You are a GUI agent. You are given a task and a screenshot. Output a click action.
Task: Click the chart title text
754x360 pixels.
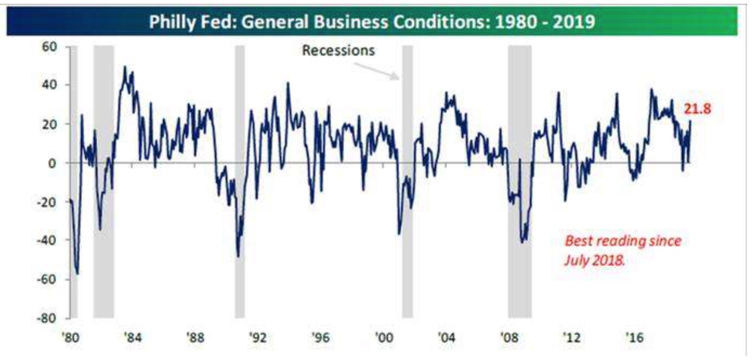[x=372, y=22]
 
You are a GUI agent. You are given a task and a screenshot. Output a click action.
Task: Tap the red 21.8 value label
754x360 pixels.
[x=697, y=109]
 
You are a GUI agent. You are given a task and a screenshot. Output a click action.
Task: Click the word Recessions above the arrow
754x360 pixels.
[x=338, y=50]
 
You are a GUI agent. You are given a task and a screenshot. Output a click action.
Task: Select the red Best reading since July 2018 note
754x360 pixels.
[x=623, y=250]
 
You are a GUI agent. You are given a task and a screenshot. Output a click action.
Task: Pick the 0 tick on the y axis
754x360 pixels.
[x=53, y=163]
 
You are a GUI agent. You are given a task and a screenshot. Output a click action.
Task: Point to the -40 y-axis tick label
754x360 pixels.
[x=48, y=240]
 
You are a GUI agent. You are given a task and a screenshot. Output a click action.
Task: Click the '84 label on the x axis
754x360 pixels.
[x=132, y=337]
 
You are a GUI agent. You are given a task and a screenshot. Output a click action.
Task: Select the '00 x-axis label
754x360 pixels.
[x=384, y=337]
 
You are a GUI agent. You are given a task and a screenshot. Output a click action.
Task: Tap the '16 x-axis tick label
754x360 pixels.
[x=634, y=337]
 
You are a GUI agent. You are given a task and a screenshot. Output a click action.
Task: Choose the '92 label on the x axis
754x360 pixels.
[x=258, y=337]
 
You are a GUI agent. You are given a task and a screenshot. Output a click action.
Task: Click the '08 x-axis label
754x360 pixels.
[x=509, y=337]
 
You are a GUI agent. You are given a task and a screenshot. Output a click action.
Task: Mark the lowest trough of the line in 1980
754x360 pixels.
[x=77, y=274]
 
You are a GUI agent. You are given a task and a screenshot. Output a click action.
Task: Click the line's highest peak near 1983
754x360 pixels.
[x=124, y=67]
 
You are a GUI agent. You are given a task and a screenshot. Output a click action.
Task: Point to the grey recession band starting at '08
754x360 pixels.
[x=520, y=281]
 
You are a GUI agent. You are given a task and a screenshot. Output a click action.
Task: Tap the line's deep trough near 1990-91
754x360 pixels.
[x=238, y=256]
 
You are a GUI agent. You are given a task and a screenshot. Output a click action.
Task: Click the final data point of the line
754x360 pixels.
[x=690, y=122]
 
